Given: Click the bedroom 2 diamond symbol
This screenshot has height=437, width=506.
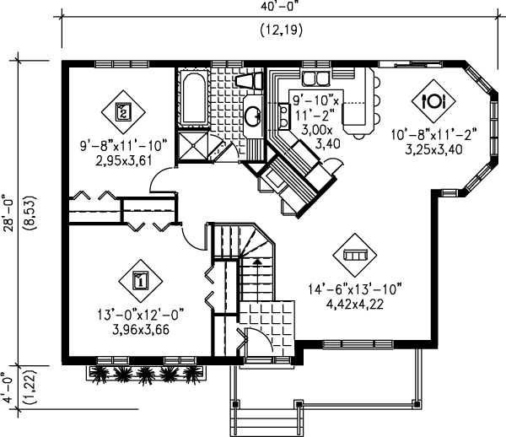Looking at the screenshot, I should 123,111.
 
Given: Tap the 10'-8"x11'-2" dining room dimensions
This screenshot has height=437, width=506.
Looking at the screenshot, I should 434,133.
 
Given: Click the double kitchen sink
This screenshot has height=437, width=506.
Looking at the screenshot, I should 315,78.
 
